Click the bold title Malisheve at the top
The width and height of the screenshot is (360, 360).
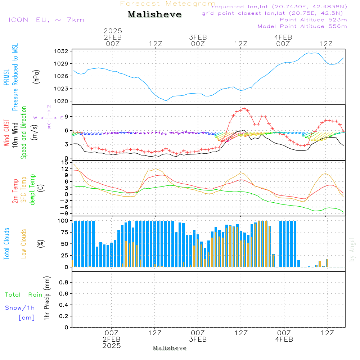click(154, 15)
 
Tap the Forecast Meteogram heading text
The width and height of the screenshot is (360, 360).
click(168, 4)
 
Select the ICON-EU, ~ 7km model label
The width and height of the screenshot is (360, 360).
click(46, 20)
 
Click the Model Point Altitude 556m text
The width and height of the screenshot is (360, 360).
click(302, 26)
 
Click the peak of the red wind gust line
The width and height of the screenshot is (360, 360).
click(244, 108)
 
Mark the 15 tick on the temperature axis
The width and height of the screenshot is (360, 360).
click(65, 162)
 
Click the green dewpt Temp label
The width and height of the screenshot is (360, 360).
click(32, 190)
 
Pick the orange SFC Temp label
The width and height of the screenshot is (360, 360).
click(24, 190)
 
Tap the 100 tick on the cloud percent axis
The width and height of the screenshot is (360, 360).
click(63, 221)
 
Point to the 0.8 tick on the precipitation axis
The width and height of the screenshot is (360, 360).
click(64, 283)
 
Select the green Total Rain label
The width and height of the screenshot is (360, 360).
click(24, 295)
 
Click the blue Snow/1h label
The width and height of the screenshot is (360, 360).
click(20, 308)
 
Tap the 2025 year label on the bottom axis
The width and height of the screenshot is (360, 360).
click(112, 346)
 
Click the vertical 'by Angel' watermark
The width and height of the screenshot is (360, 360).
click(352, 249)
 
